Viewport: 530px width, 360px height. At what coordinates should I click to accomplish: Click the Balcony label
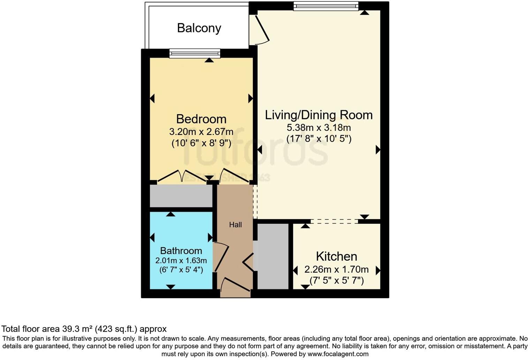pos(199,28)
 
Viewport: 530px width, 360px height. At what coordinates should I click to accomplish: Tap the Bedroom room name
pos(201,119)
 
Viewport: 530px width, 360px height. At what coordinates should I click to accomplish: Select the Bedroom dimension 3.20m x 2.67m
pos(201,132)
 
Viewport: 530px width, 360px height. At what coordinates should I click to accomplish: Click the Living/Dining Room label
pos(319,115)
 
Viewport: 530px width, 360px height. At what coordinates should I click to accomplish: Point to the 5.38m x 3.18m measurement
pos(319,127)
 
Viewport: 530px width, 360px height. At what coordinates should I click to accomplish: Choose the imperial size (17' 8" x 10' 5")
pos(319,139)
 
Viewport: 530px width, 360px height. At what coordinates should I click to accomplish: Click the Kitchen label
pos(336,256)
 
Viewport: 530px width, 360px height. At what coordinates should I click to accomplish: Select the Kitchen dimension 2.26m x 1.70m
pos(336,269)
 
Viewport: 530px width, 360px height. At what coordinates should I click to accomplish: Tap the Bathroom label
pos(181,250)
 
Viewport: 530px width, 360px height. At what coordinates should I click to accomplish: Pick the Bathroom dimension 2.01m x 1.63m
pos(181,261)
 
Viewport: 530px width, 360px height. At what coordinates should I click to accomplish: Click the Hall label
pos(235,225)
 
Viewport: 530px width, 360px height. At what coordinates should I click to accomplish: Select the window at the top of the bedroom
pos(195,53)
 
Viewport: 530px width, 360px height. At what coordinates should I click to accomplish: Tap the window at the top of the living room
pos(326,6)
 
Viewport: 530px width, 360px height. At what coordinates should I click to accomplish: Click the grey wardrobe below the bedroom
pos(181,196)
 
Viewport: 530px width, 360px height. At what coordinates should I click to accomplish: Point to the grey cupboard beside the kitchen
pos(273,256)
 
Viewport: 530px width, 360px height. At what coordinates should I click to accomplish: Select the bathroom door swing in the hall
pos(221,257)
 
